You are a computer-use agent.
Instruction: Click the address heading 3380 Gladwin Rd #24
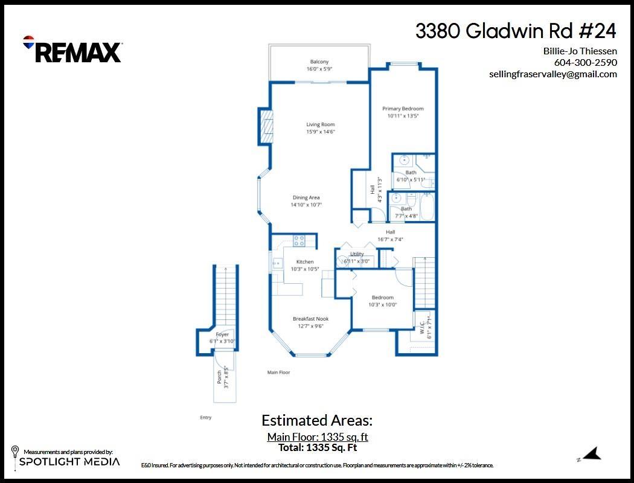point(516,31)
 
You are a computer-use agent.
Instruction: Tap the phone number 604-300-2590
point(585,63)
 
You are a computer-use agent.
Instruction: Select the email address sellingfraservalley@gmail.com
point(552,74)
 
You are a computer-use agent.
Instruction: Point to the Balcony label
point(319,62)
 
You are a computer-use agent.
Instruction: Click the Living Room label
point(320,125)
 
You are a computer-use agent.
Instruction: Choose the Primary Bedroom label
point(403,109)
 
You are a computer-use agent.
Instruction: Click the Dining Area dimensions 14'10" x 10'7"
point(306,205)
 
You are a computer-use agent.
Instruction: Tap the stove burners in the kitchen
point(299,241)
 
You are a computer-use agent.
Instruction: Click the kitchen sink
point(277,263)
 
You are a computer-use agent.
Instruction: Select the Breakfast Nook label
point(310,319)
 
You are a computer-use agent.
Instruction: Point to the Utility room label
point(357,254)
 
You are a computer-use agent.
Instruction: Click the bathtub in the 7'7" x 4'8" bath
point(427,206)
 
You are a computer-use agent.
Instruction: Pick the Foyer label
point(222,334)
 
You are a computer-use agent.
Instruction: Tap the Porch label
point(219,377)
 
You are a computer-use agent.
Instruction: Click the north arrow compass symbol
point(592,454)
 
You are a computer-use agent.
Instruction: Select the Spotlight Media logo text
point(69,462)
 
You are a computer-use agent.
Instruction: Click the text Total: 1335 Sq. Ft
point(317,448)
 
